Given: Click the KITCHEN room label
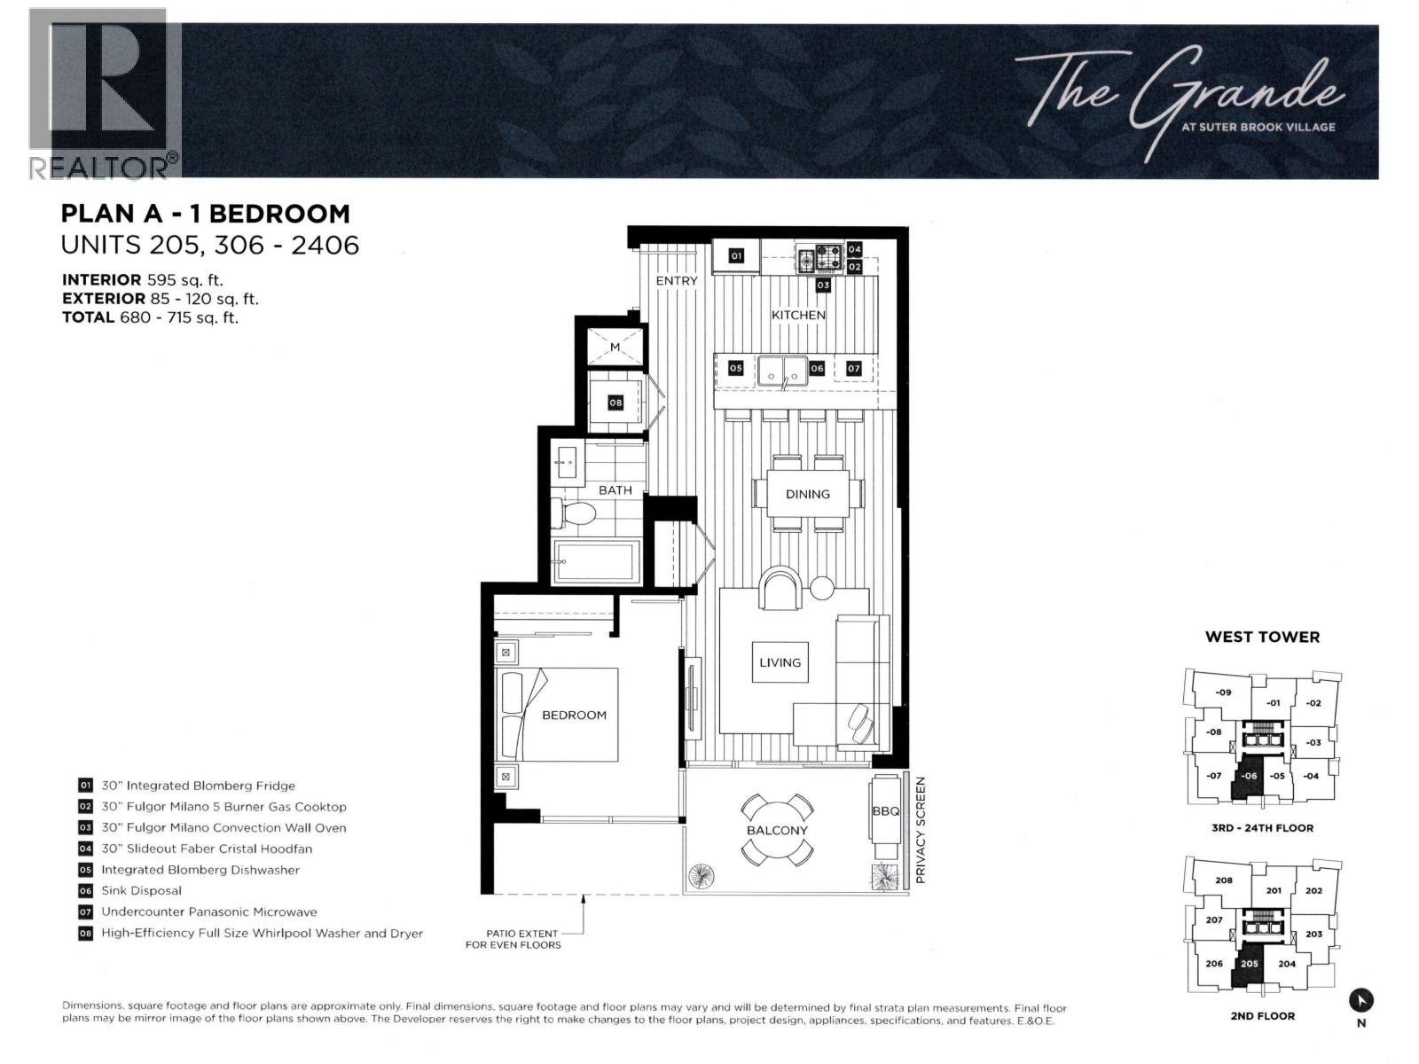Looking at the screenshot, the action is pos(797,315).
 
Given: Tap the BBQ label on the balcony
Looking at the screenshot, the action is pos(885,810).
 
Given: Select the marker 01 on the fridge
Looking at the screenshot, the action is pos(736,256).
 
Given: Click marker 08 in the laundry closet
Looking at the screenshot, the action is pos(615,403).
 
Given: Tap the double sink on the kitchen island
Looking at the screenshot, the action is pos(783,372).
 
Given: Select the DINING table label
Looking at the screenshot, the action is pos(807,494).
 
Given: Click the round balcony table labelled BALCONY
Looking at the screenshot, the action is pos(776,830).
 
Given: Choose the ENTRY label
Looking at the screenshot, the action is pos(676,280).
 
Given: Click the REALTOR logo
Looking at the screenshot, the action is pos(104,94).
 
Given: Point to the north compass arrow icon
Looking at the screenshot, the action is pos(1360,1001).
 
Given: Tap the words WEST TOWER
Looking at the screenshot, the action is pos(1262,637).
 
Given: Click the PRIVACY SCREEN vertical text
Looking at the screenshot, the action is pos(921,830).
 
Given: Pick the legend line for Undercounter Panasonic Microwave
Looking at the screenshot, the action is pos(198,912).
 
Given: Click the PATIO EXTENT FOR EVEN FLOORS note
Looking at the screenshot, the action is pos(514,939).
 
